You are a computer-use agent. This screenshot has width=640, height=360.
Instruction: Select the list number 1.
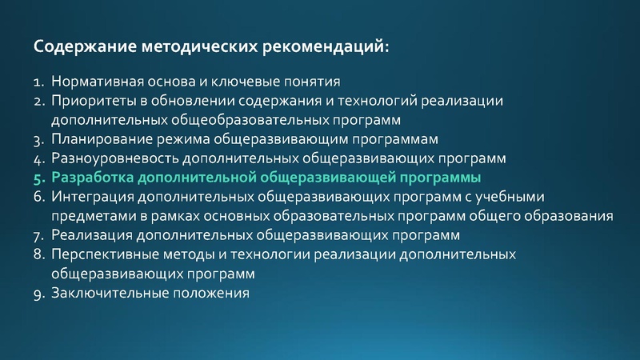coord(38,82)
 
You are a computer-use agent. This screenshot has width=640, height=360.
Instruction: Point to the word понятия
coord(314,82)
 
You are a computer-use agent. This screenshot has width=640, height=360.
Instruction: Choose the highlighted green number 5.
coord(38,178)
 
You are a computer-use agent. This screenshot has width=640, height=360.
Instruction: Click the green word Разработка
coord(92,178)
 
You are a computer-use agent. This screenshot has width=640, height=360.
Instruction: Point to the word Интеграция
coord(91,198)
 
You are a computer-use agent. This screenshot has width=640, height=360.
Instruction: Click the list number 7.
coord(38,236)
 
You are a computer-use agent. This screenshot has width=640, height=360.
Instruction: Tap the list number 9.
coord(38,294)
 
